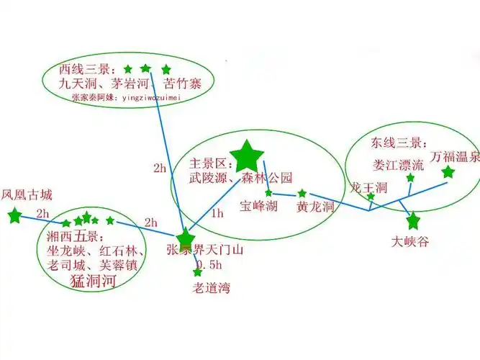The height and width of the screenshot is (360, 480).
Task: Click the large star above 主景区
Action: [248, 153]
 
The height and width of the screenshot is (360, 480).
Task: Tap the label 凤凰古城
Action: [27, 194]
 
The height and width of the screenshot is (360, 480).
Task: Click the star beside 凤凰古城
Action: [14, 215]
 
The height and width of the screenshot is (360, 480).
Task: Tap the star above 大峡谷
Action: [413, 220]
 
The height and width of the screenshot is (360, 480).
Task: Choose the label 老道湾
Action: [211, 289]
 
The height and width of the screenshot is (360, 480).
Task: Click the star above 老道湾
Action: [198, 272]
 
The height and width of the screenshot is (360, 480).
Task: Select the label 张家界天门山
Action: [205, 251]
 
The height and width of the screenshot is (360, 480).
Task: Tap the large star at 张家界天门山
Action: [186, 237]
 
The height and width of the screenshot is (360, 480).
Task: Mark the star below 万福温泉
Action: [448, 172]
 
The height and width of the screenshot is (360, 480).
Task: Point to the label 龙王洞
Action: [368, 186]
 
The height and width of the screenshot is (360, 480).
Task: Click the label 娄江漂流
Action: [399, 164]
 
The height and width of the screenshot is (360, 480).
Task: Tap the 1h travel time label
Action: [217, 214]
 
